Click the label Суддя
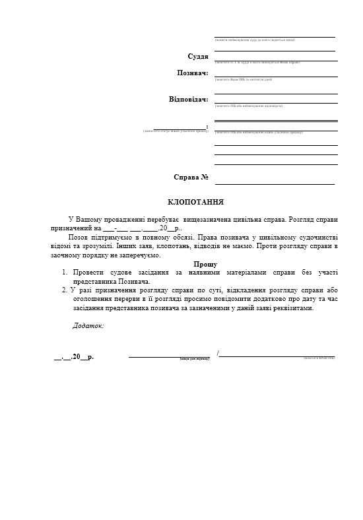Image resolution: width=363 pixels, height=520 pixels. (x=198, y=57)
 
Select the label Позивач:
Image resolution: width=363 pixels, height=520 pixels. (x=193, y=73)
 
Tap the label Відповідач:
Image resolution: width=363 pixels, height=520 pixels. (x=188, y=100)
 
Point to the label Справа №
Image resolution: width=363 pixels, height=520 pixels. (x=191, y=177)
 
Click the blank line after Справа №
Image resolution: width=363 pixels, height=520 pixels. (x=275, y=183)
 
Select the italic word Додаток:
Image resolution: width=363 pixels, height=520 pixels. (x=88, y=325)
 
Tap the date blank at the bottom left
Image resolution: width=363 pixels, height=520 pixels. (x=73, y=357)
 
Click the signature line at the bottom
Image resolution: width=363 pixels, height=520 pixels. (x=169, y=357)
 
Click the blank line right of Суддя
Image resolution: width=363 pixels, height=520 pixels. (x=276, y=60)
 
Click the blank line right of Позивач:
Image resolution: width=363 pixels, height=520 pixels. (x=276, y=77)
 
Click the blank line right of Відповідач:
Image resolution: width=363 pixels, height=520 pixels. (x=276, y=102)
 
